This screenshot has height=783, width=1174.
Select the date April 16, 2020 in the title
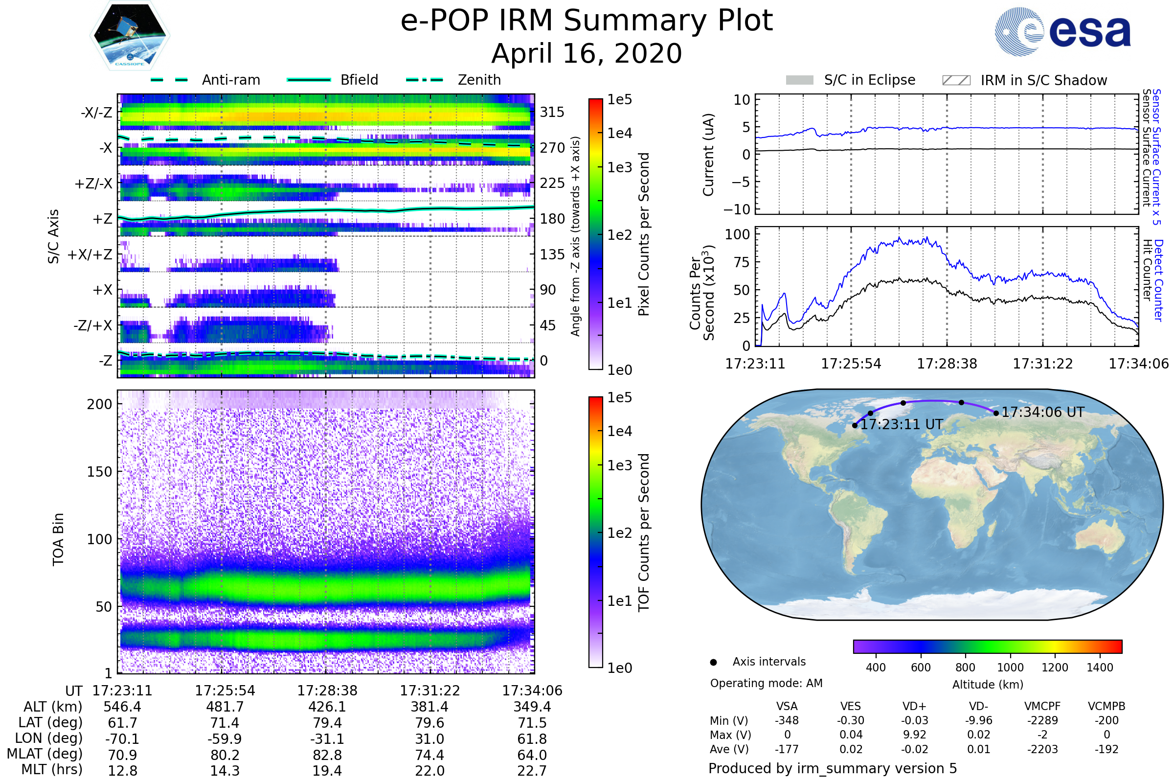point(587,54)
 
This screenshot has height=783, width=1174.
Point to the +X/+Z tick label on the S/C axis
point(90,254)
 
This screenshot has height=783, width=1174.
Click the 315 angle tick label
point(552,112)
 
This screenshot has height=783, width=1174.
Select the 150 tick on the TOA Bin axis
point(99,472)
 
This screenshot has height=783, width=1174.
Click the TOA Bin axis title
point(58,539)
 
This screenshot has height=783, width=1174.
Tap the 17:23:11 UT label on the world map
point(902,424)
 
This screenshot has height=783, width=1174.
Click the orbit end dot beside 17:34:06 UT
point(996,413)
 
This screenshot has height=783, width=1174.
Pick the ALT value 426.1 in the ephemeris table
point(327,707)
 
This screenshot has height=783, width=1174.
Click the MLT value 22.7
point(532,770)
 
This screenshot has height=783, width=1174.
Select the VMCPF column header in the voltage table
point(1042,706)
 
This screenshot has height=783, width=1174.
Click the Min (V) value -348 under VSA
point(787,720)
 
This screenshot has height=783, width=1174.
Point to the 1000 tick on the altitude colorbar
point(1010,668)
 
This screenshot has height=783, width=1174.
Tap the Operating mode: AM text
point(766,683)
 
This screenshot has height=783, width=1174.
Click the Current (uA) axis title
point(708,155)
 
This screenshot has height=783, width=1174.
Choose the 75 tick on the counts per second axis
point(742,262)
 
